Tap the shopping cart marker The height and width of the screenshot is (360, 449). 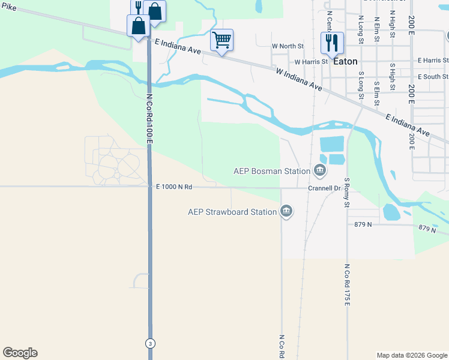(x=222, y=41)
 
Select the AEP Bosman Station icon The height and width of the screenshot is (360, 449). (x=320, y=171)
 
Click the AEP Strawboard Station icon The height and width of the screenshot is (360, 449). (x=287, y=211)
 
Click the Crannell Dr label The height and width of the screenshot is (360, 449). (x=324, y=188)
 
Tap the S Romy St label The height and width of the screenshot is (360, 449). (x=346, y=192)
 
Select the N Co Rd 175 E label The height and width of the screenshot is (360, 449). (x=346, y=285)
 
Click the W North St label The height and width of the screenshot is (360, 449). (x=288, y=46)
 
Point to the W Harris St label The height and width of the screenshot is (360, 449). (x=311, y=61)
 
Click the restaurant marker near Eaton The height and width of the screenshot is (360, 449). (x=332, y=43)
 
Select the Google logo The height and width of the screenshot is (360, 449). (x=20, y=353)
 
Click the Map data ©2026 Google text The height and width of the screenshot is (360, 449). (x=411, y=355)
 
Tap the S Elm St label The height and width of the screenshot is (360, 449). (x=376, y=78)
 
